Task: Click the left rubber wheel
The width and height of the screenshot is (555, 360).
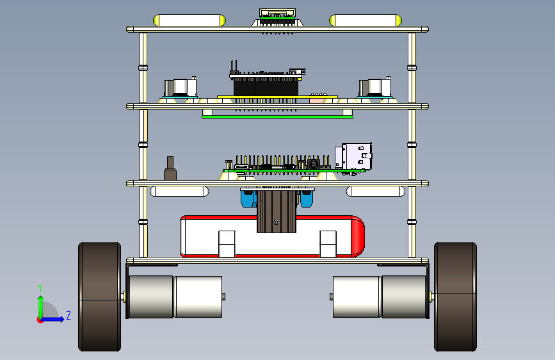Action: pos(99,297)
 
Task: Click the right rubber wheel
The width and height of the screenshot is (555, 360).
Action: pos(456,297)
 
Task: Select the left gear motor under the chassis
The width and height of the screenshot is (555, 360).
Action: pos(175,297)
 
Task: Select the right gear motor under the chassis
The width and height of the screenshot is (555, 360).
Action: pos(380,297)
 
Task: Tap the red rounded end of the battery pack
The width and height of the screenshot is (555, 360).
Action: pos(357,236)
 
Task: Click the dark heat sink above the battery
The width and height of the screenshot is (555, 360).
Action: pos(277,211)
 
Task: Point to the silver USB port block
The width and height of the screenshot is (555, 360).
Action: pos(353,156)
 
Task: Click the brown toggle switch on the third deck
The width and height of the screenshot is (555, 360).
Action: pos(170,168)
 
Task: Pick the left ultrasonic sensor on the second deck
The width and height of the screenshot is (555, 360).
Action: pos(180,88)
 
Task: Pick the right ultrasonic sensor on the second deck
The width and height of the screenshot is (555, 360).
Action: pos(375,88)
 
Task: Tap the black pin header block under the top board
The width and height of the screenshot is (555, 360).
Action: pos(266,86)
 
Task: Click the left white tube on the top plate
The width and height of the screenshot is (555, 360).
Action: pos(189,20)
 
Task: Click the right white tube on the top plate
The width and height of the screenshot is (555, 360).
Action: pos(366,20)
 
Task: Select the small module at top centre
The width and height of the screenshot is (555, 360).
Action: pos(278,18)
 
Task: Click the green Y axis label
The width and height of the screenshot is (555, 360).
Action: pos(40,288)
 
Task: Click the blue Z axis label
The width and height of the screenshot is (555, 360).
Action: pos(68,315)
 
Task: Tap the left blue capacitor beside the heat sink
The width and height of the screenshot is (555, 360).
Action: pos(248,199)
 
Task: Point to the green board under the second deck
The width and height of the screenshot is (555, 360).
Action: pos(277,117)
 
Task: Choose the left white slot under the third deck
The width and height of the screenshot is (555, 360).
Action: pos(179,192)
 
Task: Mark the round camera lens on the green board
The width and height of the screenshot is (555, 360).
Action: pos(313,164)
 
